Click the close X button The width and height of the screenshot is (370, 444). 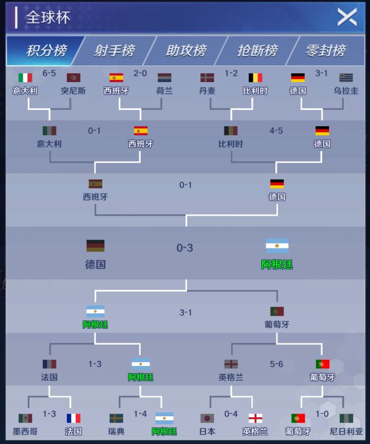pos(347,17)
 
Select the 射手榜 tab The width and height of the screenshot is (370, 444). pos(114,51)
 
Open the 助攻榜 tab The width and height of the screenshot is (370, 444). pos(186,51)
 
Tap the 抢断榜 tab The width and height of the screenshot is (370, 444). pos(257,51)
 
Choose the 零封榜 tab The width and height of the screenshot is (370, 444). pos(326,51)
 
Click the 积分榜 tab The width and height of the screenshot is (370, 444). pos(45,51)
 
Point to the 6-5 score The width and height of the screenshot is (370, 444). pos(49,73)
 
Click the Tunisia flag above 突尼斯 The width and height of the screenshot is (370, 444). pos(73,78)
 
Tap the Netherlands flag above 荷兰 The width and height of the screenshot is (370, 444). pos(164,78)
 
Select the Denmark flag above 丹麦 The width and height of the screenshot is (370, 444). pos(207,78)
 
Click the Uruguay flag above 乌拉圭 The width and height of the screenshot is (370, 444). pos(346,78)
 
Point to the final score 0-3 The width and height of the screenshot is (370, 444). pos(185,248)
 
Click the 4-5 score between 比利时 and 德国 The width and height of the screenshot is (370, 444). pos(276,130)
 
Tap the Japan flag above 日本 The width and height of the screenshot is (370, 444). pos(207,418)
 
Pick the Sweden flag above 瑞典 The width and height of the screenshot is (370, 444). pos(116,418)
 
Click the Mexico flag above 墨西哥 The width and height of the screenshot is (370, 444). pos(25,418)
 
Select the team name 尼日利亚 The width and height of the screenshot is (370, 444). pos(346,431)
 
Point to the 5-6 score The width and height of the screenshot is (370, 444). pos(276,364)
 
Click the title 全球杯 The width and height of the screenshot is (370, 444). pos(48,17)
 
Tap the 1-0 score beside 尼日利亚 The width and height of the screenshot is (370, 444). pos(322,414)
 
